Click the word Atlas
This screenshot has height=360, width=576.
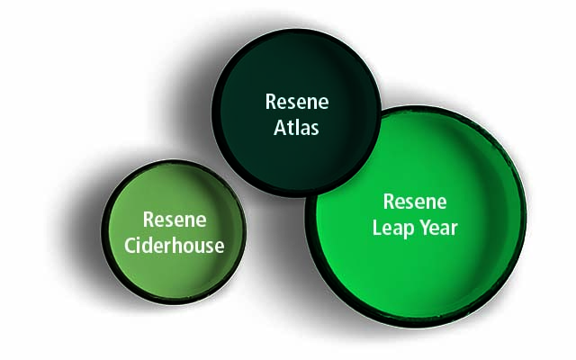coord(296,128)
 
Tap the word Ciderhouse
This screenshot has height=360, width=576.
coord(174,246)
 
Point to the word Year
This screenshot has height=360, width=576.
coord(439,228)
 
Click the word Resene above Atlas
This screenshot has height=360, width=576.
coord(297,102)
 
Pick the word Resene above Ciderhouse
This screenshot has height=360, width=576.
coord(175,220)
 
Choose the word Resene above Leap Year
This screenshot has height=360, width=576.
coord(415,202)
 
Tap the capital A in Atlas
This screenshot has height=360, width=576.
coord(280,128)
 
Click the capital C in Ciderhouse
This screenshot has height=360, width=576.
coord(130,246)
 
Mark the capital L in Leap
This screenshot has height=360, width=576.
coord(377,228)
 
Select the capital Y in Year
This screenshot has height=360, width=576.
coord(426,228)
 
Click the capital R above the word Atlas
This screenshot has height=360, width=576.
coord(271,102)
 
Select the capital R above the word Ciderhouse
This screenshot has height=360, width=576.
coord(148,220)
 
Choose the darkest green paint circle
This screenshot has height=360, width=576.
coord(296,112)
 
